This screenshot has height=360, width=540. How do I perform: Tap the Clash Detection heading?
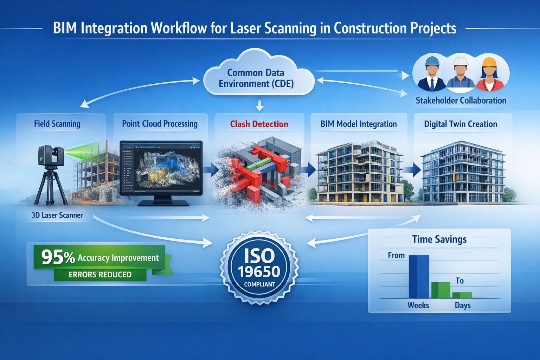point(259,124)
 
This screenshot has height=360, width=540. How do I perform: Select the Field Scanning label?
point(57,124)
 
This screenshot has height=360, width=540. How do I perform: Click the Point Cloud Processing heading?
point(160,124)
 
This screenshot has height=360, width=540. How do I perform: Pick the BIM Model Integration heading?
point(359,124)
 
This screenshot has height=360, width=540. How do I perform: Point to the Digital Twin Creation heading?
point(460,124)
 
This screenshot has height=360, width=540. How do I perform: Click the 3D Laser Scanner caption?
point(57,215)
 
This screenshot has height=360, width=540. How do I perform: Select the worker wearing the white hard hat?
point(460,72)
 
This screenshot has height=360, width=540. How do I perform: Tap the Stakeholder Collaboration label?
point(461,101)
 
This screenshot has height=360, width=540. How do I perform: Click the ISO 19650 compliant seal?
point(259,267)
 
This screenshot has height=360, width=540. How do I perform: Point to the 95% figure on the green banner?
point(58,257)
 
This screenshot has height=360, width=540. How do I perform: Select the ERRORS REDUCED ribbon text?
point(100,275)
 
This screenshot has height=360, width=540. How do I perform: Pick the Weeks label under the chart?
point(418,305)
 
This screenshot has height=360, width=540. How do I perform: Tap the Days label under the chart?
point(462,305)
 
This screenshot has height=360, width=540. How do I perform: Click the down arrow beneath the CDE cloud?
point(259,105)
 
